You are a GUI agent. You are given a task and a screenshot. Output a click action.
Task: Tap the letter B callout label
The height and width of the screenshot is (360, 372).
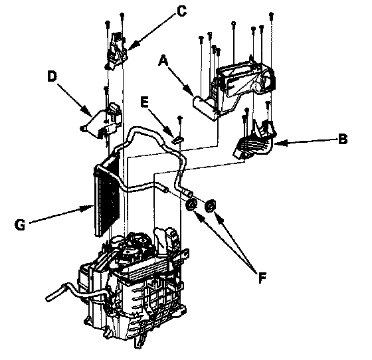point(343,139)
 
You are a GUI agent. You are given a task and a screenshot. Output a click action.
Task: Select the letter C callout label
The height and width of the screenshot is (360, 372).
point(181,11)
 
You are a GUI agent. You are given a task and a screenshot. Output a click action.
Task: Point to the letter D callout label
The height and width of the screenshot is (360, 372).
point(52,76)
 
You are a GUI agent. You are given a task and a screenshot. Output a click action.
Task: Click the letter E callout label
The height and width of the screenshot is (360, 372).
point(144,102)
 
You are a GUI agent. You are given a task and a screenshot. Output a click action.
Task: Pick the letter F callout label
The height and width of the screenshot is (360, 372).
point(262,278)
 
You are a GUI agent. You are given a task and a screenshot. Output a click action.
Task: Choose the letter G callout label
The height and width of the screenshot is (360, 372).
point(20,225)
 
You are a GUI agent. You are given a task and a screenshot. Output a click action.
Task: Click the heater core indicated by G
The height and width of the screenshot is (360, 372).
point(107,195)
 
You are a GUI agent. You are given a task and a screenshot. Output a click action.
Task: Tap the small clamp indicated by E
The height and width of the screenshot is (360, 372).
point(178,140)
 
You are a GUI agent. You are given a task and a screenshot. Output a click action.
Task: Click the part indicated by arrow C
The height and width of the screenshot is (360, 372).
point(117,51)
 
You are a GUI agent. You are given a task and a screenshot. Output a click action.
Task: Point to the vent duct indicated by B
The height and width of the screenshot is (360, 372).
point(255,140)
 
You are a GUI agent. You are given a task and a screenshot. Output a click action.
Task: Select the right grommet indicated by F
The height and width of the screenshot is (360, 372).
point(210,205)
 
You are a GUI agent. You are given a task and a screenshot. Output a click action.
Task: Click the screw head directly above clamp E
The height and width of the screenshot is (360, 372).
point(180,118)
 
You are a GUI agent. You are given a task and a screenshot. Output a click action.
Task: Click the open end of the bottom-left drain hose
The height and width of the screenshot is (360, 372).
point(48,298)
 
